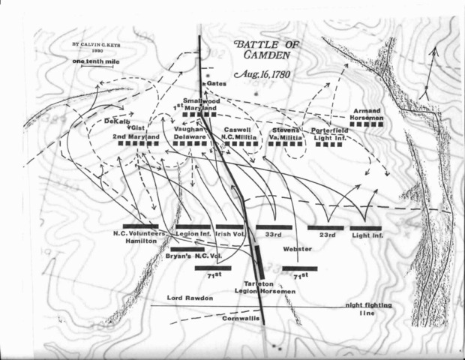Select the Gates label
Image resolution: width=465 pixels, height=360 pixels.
tap(212, 84)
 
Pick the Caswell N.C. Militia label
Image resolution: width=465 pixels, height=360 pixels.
tap(239, 133)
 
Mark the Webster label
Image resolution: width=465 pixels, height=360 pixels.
tap(296, 249)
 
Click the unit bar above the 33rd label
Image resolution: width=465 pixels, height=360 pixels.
tap(274, 226)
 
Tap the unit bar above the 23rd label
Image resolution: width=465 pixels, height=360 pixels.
tap(325, 226)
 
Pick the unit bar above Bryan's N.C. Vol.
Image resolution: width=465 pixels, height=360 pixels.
tap(187, 249)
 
